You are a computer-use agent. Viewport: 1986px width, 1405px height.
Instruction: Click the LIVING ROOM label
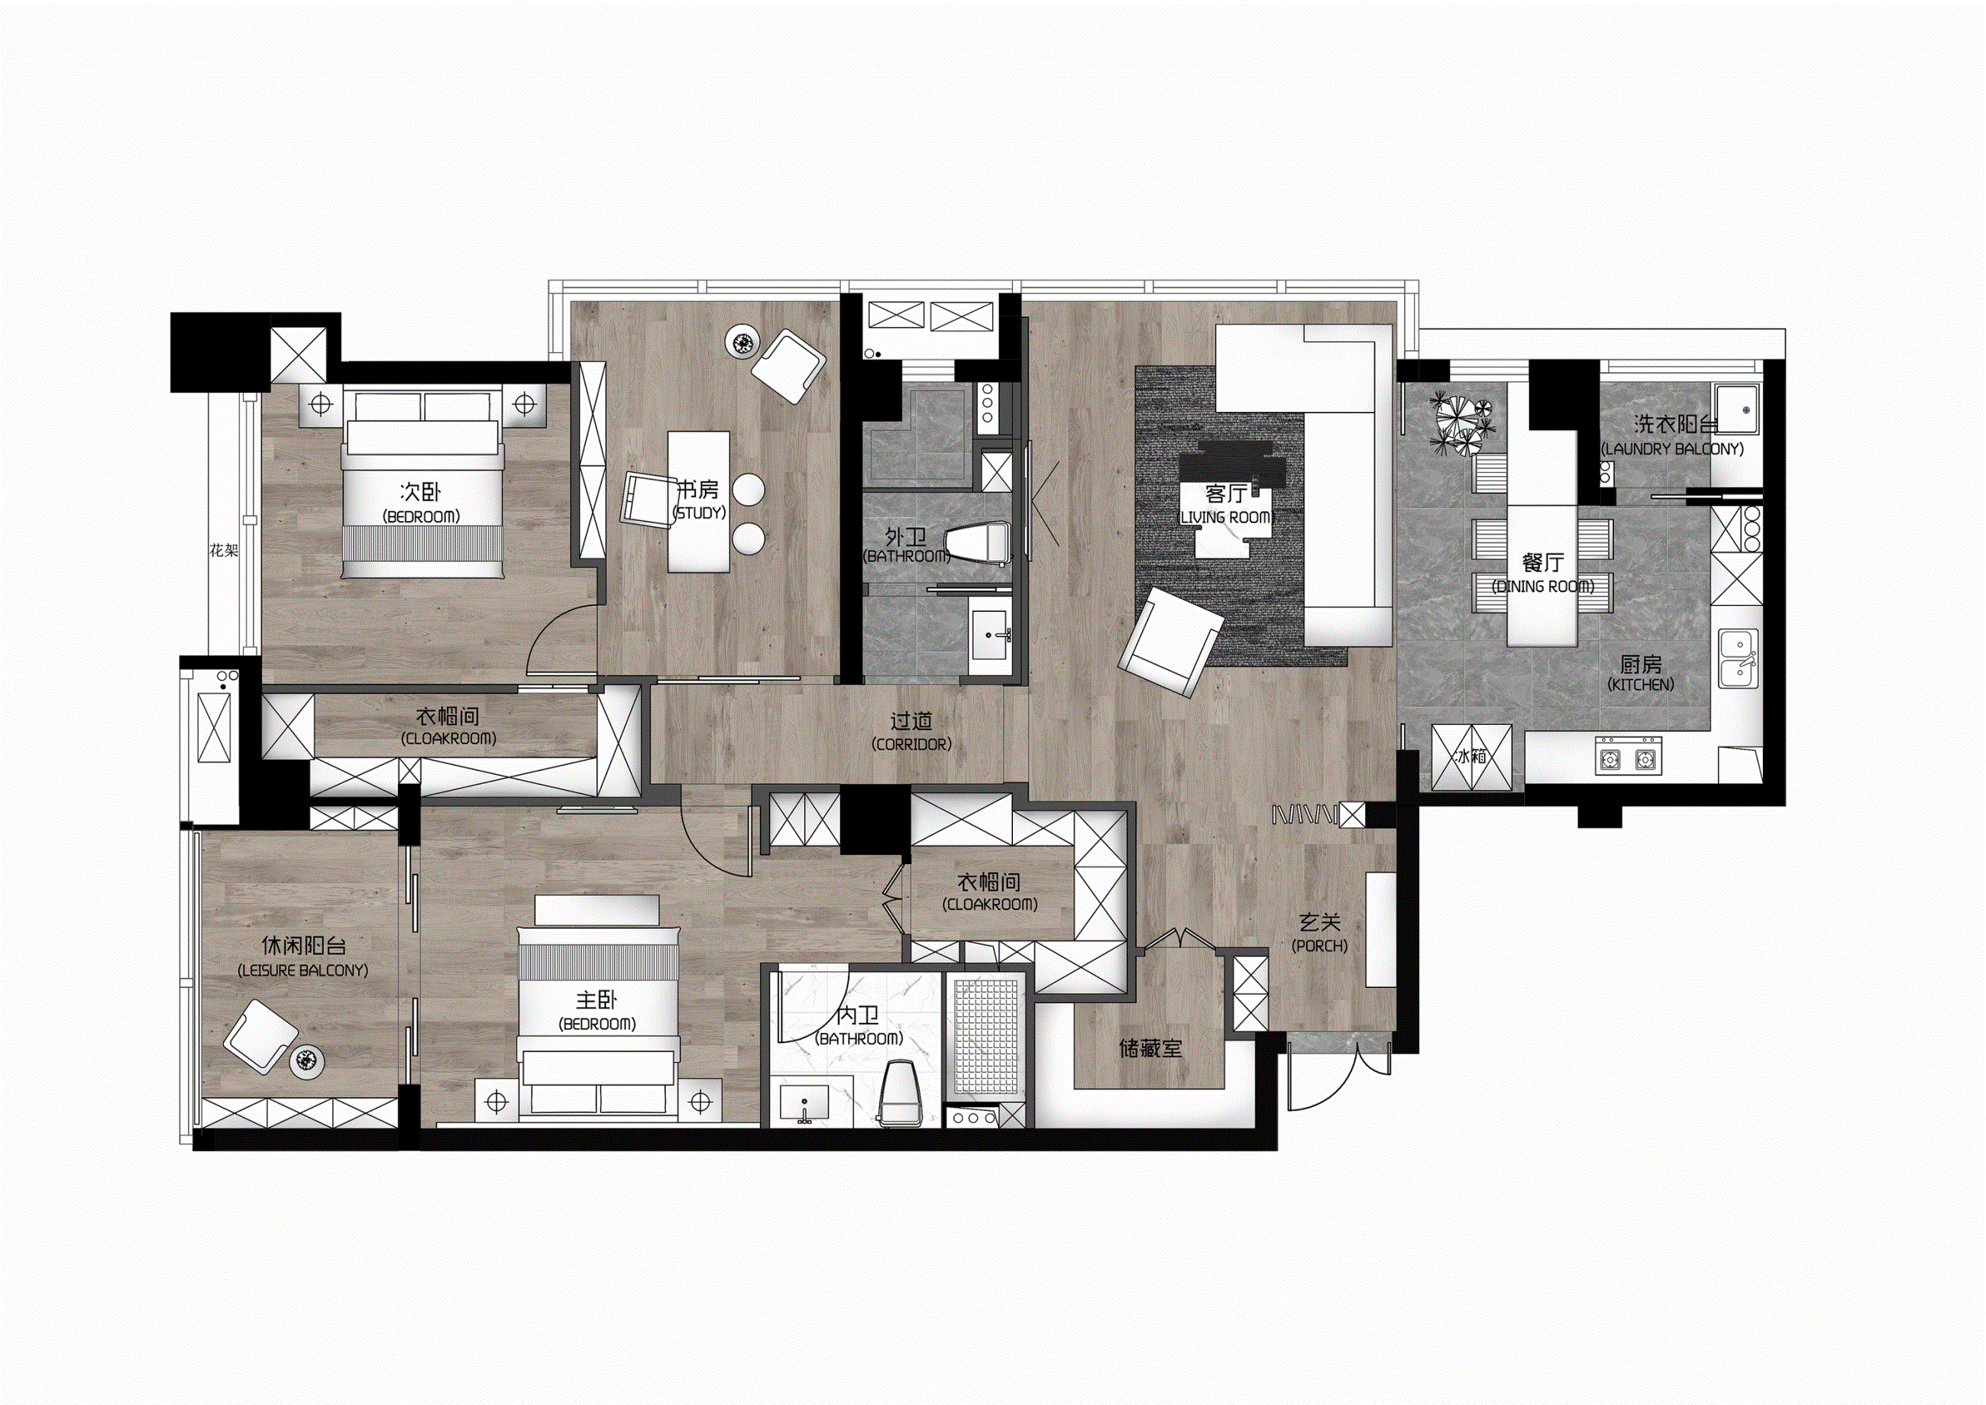click(x=1226, y=517)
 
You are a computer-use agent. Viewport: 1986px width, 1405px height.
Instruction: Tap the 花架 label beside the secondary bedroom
click(x=223, y=550)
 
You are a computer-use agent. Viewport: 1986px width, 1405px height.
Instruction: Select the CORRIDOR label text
click(x=912, y=744)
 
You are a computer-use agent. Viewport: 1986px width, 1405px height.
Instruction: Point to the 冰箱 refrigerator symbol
click(x=1472, y=757)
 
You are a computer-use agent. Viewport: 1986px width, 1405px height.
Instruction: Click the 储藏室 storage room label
click(x=1150, y=1048)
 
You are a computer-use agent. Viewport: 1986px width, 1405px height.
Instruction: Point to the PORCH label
click(x=1320, y=946)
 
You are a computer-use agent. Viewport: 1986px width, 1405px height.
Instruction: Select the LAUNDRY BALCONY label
click(x=1672, y=449)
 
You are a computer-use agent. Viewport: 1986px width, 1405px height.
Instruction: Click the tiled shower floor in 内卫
click(x=986, y=1038)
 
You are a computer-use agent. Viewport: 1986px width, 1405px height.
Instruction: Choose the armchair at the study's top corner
click(x=787, y=365)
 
